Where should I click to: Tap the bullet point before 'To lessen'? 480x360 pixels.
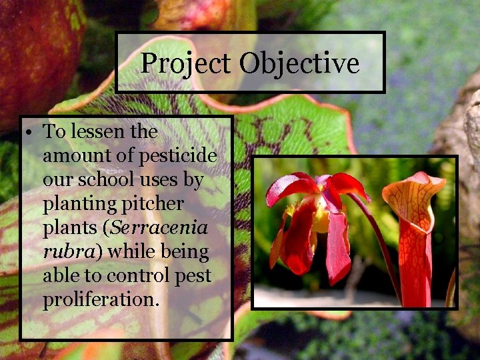pos(31,132)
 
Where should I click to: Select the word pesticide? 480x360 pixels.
pos(177,157)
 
